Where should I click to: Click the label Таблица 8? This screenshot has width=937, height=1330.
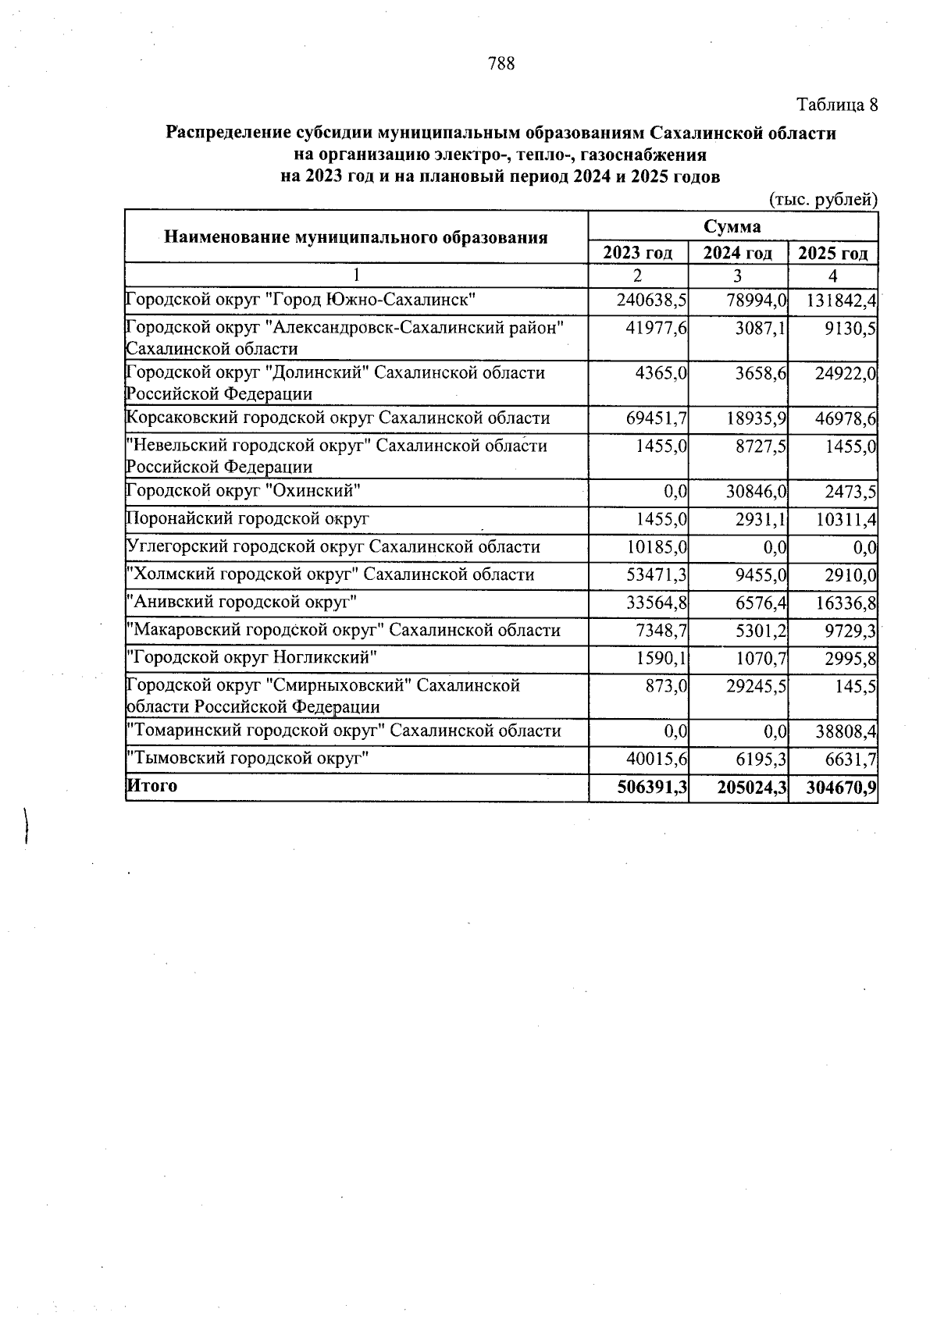coord(836,105)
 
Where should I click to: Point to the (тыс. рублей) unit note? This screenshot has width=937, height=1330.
coord(824,200)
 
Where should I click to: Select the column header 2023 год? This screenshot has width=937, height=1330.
coord(638,253)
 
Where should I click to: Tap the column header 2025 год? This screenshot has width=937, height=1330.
coord(832,253)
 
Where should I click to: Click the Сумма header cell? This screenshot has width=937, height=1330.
coord(732,226)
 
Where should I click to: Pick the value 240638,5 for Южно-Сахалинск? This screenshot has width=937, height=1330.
coord(651,300)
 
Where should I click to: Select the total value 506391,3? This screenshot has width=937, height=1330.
coord(651,788)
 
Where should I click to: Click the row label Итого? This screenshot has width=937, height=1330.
coord(152,786)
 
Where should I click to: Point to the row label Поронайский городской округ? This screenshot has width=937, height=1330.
coord(248,519)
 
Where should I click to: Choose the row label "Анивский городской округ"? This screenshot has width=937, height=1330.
coord(242,603)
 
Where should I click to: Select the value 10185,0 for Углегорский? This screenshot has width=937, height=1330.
coord(657,547)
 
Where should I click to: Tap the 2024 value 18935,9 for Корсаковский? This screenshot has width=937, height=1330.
coord(751,419)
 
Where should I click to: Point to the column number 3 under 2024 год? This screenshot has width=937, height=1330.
coord(737,276)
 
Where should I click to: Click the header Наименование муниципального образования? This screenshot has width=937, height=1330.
coord(355,237)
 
